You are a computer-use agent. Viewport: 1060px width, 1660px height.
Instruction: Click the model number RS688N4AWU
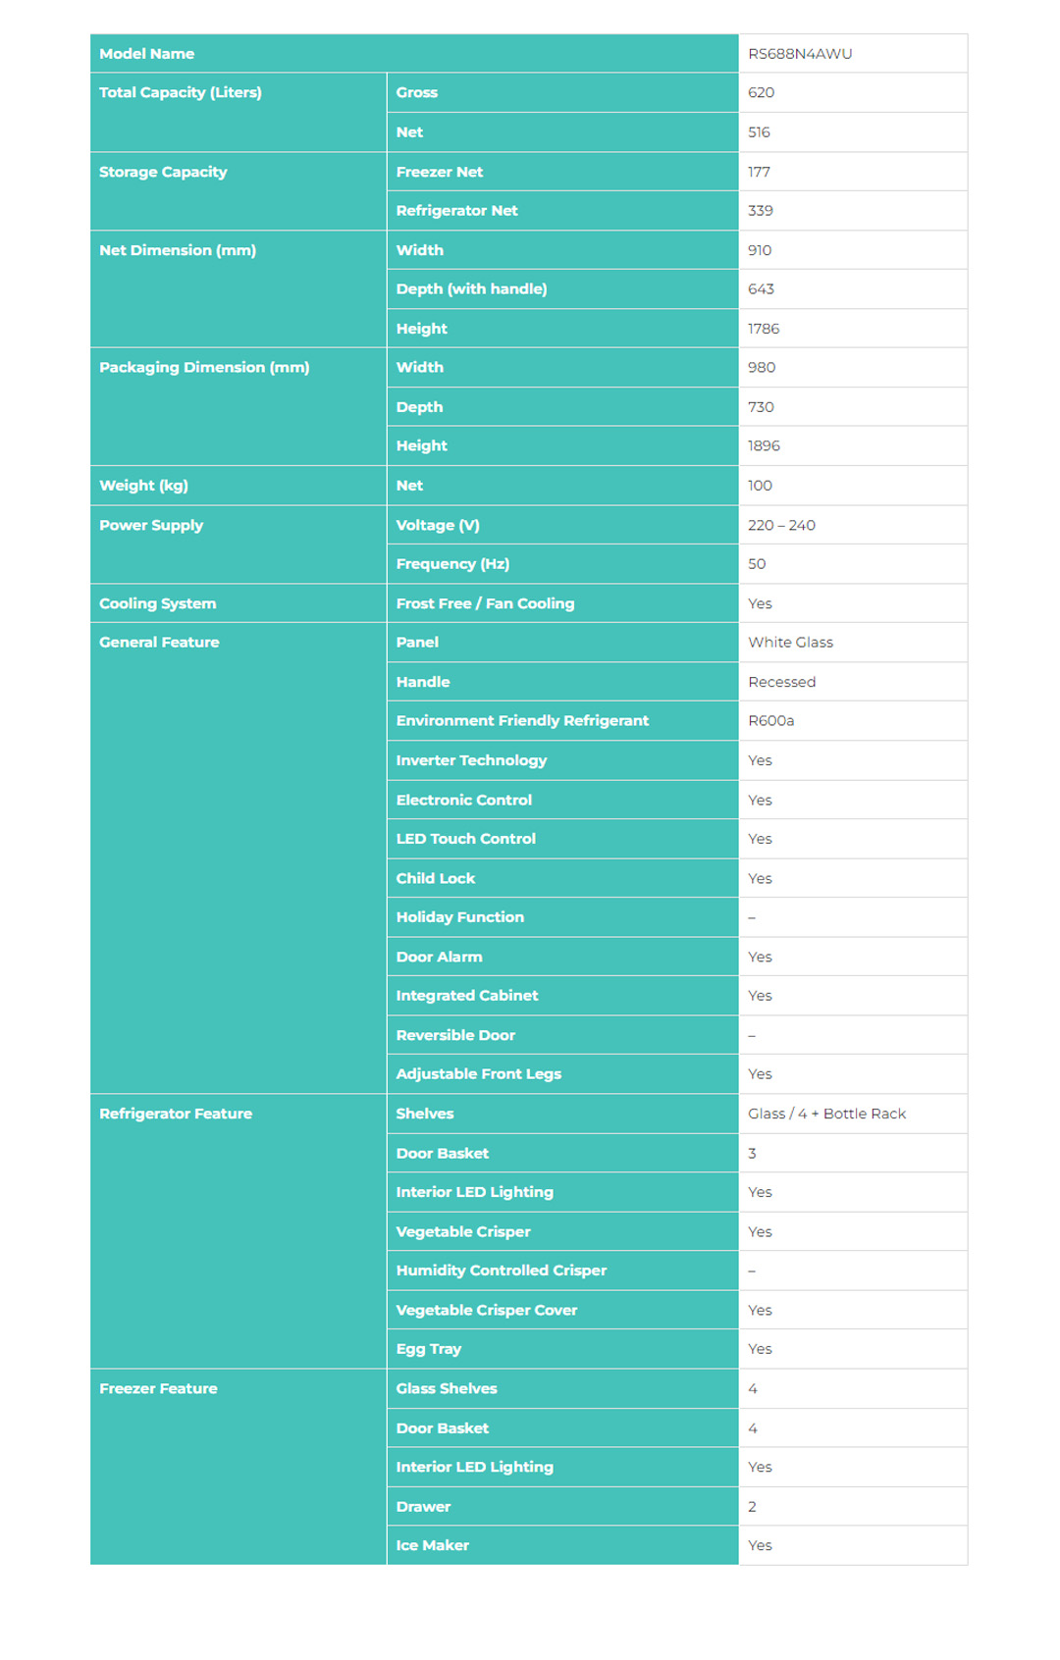click(799, 54)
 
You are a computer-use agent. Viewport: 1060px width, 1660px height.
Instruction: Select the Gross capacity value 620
click(761, 93)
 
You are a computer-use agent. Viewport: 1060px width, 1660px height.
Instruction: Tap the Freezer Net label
click(439, 172)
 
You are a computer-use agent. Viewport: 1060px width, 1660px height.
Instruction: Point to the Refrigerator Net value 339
click(760, 211)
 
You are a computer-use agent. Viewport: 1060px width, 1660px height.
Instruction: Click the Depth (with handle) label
click(471, 289)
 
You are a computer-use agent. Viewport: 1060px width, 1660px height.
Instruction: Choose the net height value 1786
click(763, 329)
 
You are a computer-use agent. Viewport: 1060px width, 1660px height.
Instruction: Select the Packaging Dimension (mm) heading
click(204, 368)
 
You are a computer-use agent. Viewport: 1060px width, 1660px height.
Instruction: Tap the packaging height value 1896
click(764, 446)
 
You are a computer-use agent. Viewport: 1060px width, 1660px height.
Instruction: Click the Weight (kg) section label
click(143, 486)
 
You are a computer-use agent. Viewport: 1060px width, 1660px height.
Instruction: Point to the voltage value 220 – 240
click(781, 525)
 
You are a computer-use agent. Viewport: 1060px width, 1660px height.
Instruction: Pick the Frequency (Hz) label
click(452, 564)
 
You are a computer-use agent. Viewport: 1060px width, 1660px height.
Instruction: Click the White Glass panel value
click(790, 643)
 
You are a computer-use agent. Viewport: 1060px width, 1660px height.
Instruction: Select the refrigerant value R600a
click(770, 721)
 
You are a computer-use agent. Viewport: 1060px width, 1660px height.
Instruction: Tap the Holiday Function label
click(459, 917)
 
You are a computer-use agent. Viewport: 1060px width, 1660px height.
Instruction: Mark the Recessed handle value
click(781, 682)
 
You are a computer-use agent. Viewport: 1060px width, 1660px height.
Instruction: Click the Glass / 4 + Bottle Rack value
click(826, 1114)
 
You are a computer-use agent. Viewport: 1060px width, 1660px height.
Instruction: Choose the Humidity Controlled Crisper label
click(501, 1271)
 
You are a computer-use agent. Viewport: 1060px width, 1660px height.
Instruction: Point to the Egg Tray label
click(428, 1349)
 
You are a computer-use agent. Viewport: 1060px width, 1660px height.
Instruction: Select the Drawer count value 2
click(752, 1506)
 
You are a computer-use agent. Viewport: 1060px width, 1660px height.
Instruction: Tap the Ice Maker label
click(432, 1545)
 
